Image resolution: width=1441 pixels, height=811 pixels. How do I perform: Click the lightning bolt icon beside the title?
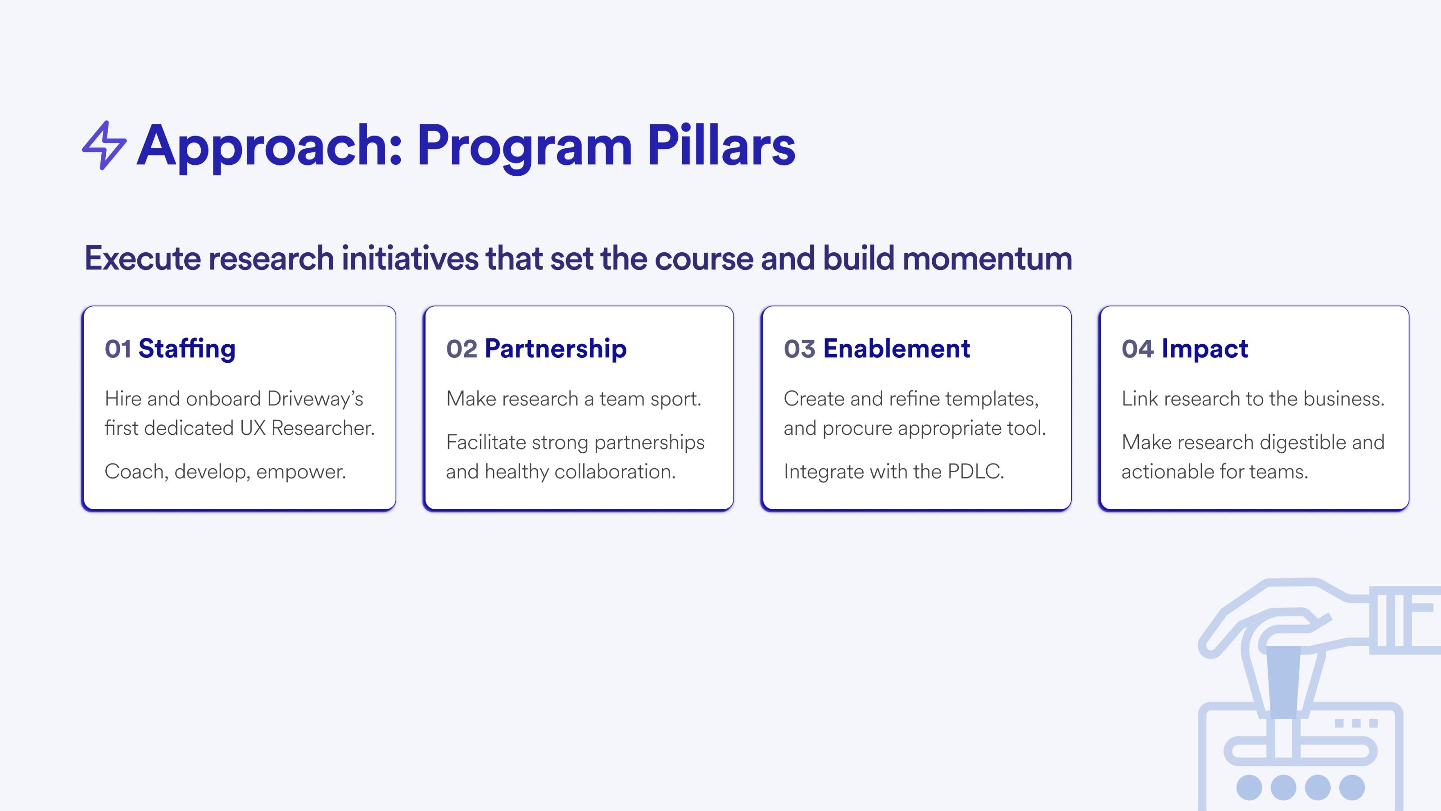104,145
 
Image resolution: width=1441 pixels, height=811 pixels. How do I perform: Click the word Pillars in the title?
721,146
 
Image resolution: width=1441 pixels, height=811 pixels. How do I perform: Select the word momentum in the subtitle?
988,258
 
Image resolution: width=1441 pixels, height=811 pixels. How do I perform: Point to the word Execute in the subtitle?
143,258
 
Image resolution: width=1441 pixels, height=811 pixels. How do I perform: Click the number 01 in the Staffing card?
118,349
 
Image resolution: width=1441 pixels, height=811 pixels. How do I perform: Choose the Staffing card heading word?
187,349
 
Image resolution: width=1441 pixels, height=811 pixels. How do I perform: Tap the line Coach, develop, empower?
226,472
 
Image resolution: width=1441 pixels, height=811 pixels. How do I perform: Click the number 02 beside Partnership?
462,349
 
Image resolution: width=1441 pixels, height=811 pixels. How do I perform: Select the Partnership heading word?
556,349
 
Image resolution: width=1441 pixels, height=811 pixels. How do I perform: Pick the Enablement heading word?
897,349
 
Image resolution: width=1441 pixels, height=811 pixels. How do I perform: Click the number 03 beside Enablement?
799,349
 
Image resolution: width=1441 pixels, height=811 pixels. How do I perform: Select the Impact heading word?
1205,349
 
